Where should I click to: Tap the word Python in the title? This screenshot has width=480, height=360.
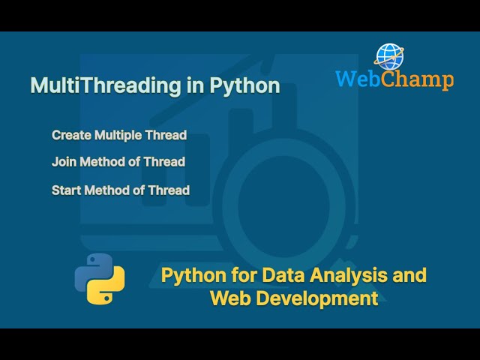(244, 85)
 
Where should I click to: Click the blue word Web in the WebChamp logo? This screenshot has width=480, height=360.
(356, 79)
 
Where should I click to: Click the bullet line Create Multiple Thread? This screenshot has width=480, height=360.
(118, 135)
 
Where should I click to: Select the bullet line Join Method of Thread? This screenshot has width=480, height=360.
(118, 161)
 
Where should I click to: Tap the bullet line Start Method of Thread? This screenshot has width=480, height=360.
(120, 190)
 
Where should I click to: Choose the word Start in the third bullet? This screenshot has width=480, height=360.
(66, 190)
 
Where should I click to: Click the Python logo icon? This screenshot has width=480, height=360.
(100, 278)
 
